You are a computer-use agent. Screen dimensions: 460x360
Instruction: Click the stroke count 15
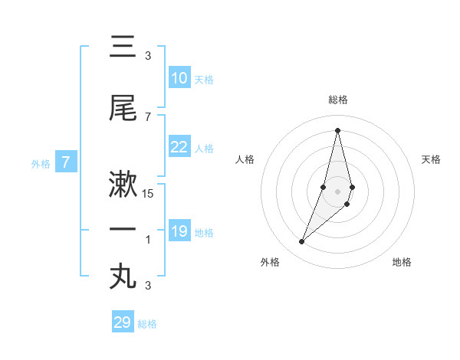(148, 194)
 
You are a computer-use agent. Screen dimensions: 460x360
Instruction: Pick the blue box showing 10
(179, 78)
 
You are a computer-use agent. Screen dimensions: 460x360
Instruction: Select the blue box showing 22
(179, 147)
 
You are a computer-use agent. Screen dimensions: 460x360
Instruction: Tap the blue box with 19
(179, 231)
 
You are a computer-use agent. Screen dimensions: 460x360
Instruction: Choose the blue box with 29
(123, 322)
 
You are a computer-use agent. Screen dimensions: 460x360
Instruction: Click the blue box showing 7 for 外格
(66, 162)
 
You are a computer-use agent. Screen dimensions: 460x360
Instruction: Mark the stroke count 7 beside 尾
(148, 116)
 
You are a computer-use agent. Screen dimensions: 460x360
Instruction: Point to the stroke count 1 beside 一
(148, 240)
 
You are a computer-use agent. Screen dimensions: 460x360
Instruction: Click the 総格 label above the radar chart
(337, 100)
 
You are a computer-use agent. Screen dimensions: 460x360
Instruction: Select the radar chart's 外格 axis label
(270, 262)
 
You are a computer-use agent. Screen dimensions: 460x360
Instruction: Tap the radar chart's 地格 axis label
(402, 262)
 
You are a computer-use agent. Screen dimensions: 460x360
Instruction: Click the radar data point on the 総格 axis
(337, 130)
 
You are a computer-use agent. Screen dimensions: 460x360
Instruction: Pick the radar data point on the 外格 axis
(301, 242)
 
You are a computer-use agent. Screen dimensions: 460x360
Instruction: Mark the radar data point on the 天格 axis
(352, 187)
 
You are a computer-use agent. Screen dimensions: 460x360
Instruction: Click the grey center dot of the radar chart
(337, 191)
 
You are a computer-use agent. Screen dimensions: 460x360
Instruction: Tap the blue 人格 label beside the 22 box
(204, 149)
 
